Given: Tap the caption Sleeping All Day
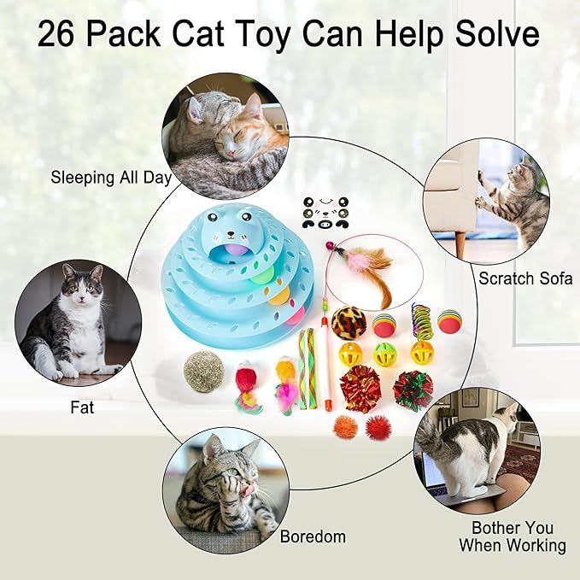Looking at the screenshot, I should point(111,179).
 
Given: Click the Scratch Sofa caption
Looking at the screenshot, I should point(524,278).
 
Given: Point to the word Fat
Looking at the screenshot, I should point(82,407).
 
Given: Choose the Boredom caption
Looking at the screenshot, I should point(313,536).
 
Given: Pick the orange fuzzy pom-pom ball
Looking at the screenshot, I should point(345,426).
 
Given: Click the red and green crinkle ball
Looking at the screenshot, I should point(413,390).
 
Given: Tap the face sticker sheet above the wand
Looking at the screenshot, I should point(323,212).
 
